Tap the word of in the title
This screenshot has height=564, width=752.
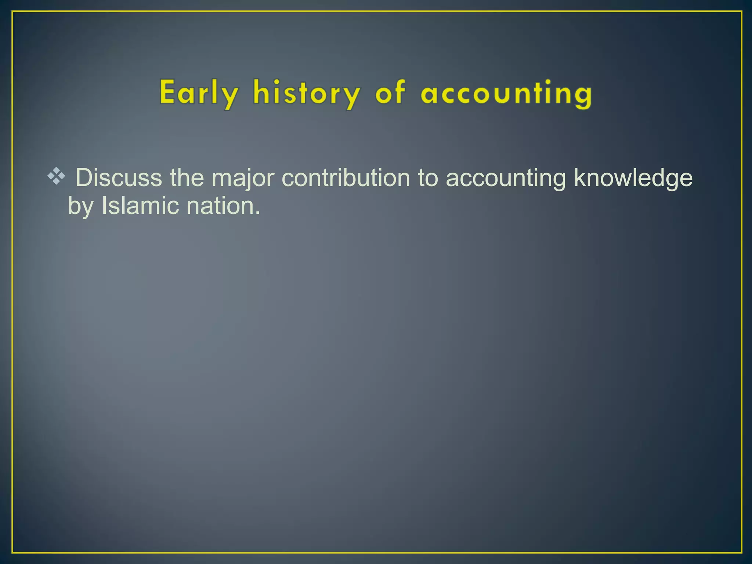click(x=390, y=93)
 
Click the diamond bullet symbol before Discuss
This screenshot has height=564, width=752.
click(x=56, y=176)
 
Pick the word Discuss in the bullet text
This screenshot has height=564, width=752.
click(x=119, y=178)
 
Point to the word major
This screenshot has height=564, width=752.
click(x=243, y=178)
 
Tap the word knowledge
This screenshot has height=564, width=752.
click(x=633, y=178)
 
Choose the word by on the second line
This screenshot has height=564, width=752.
click(x=80, y=206)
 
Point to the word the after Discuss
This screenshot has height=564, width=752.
click(x=187, y=178)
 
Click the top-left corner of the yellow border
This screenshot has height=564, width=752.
click(x=12, y=12)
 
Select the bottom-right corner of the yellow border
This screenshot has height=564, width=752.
click(x=741, y=553)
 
